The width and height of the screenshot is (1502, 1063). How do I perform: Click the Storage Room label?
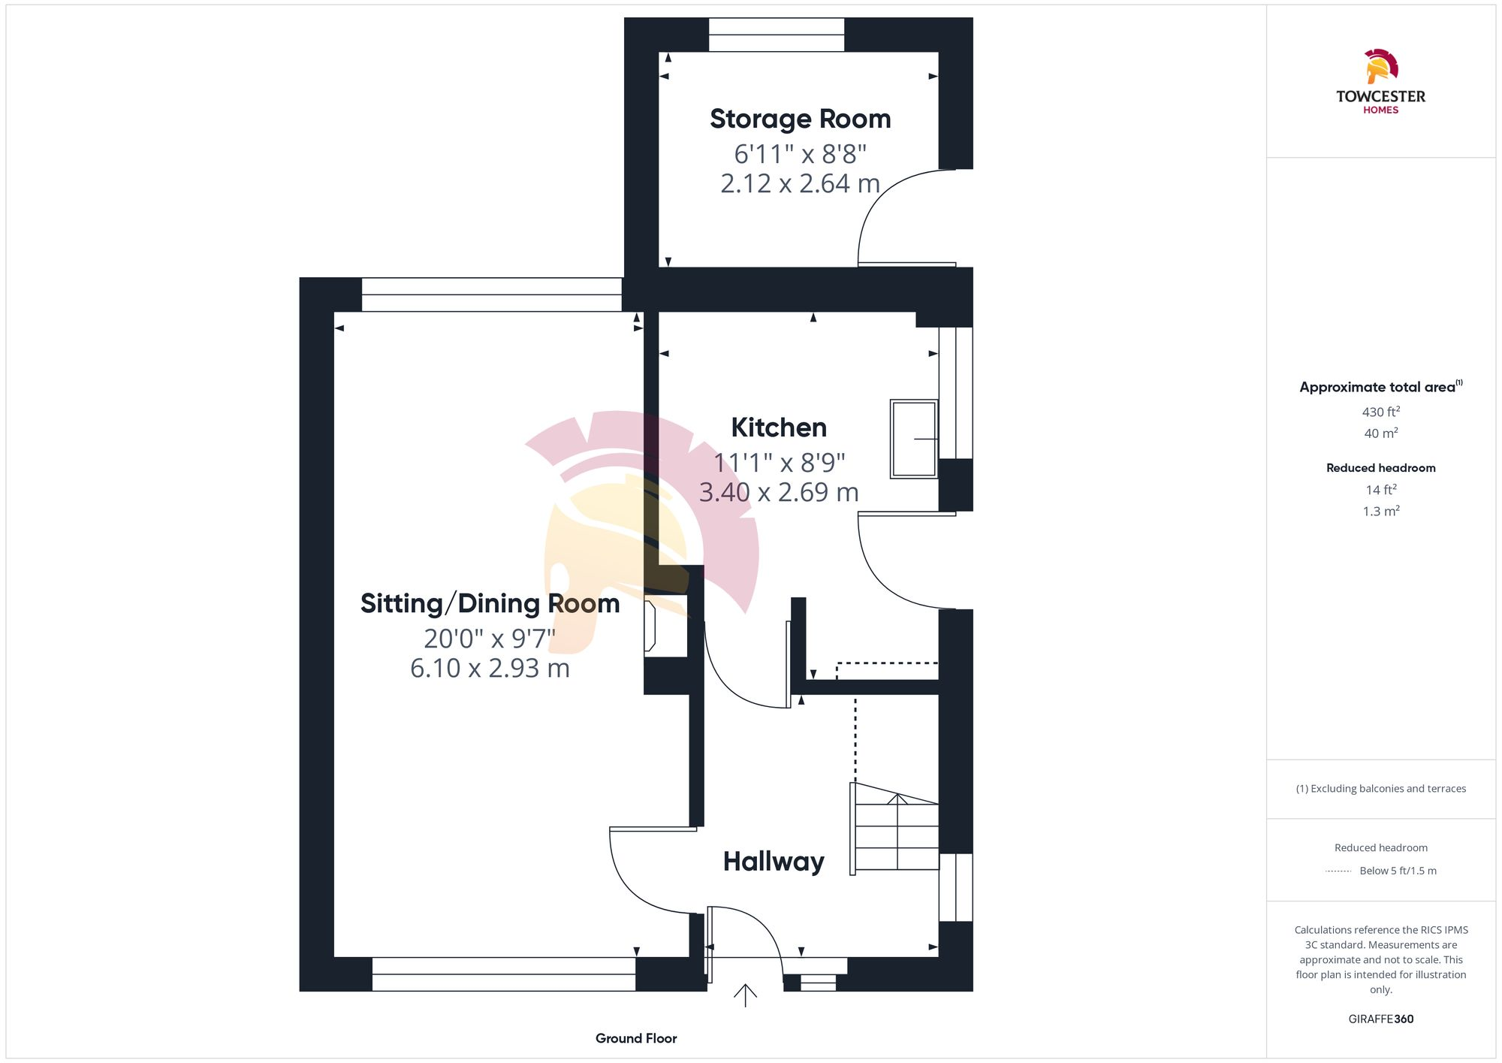[x=800, y=119]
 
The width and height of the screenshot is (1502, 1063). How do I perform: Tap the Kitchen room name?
[x=779, y=427]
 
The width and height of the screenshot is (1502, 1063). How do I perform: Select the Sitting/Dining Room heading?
[x=490, y=603]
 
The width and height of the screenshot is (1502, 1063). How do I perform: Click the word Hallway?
[x=774, y=861]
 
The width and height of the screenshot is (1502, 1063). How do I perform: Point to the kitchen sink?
[x=913, y=439]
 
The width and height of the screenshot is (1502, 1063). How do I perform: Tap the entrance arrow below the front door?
[x=745, y=995]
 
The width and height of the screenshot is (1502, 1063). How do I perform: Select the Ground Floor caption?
[x=636, y=1038]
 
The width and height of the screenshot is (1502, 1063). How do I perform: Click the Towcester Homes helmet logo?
[x=1380, y=66]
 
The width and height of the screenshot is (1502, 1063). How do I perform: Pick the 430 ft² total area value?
[x=1380, y=412]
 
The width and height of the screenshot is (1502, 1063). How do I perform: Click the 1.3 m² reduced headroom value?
[x=1380, y=511]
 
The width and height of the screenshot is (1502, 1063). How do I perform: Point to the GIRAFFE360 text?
[x=1380, y=1019]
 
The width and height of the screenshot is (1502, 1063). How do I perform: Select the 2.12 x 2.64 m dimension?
[x=800, y=183]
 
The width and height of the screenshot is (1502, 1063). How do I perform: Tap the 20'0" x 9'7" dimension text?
[x=490, y=639]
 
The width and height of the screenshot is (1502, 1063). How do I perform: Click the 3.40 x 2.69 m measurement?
[x=779, y=492]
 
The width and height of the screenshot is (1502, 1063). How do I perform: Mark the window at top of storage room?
[x=777, y=35]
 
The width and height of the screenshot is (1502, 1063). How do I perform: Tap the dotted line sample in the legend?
[x=1338, y=871]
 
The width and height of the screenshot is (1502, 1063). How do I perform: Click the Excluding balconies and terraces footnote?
[x=1380, y=789]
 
